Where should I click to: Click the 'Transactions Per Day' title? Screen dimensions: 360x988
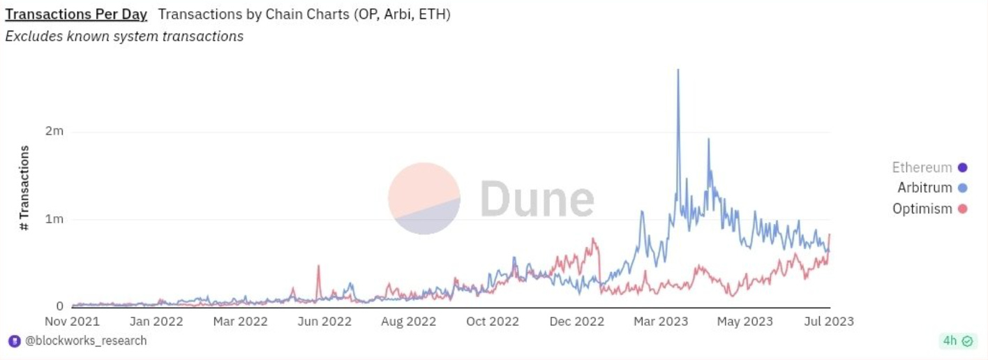tap(76, 14)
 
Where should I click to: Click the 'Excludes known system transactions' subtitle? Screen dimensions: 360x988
tap(124, 36)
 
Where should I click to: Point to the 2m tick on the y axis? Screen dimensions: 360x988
tap(55, 131)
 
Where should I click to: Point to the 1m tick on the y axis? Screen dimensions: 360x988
tap(55, 219)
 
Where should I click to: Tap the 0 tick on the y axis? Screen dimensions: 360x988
tap(59, 306)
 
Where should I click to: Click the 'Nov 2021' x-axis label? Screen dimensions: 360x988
tap(72, 322)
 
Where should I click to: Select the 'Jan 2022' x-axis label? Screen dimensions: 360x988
tap(156, 322)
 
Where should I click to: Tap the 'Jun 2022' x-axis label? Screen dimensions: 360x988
tap(324, 322)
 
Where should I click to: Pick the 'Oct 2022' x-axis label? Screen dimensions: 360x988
tap(493, 322)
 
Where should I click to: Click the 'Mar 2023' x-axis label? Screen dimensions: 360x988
tap(660, 322)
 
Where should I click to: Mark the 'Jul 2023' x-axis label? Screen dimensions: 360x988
tap(829, 322)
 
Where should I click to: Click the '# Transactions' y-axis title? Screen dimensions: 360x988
tap(25, 188)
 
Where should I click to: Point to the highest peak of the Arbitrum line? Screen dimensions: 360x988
tap(678, 70)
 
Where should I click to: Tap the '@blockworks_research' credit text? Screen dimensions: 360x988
tap(86, 340)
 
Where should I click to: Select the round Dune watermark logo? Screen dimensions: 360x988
tap(424, 198)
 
